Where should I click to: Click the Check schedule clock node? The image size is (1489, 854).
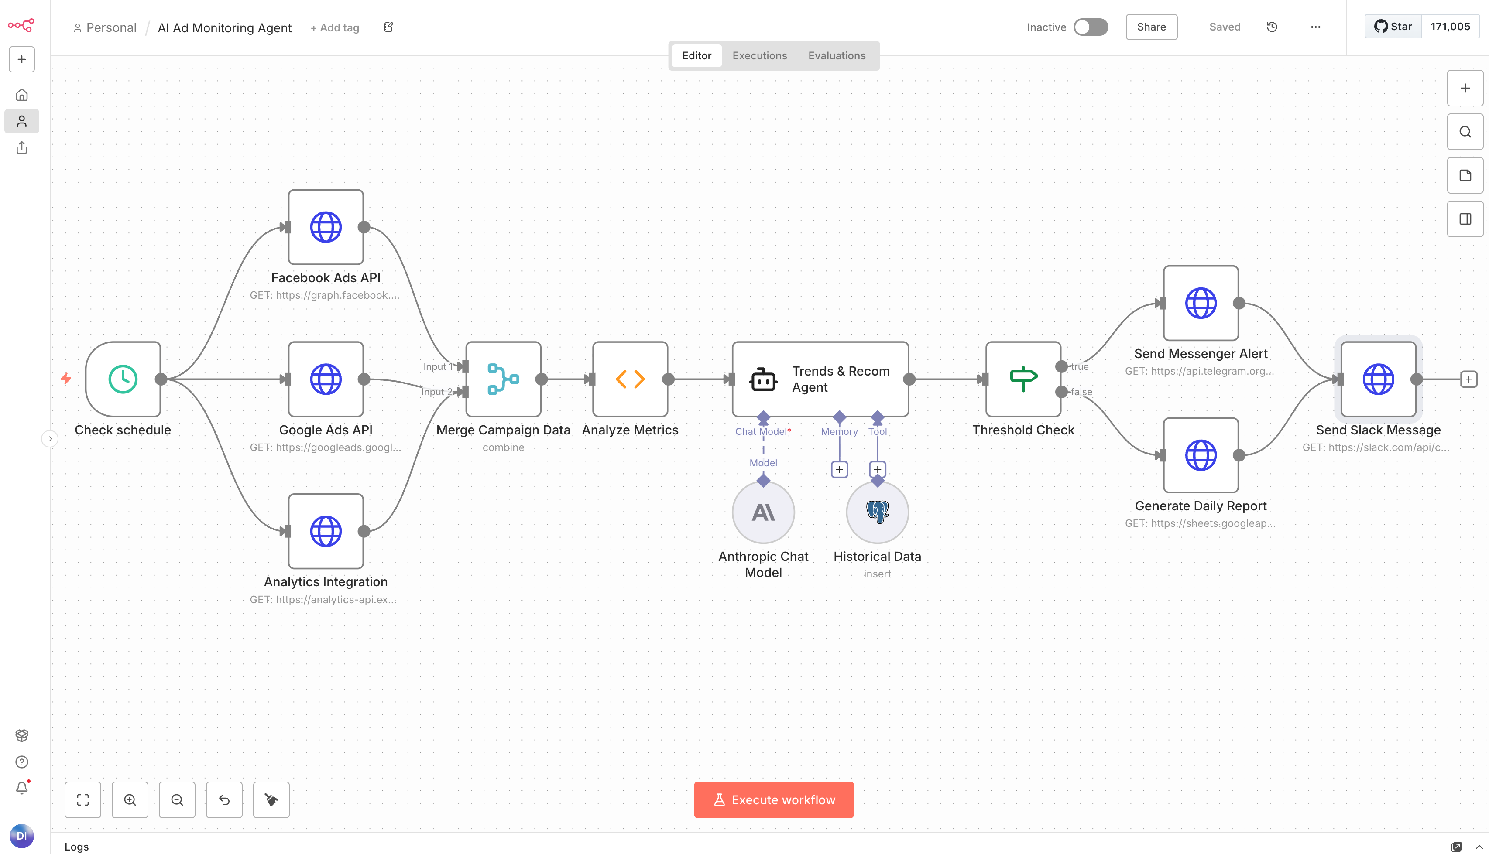tap(123, 379)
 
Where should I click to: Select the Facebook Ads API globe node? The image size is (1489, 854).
tap(326, 227)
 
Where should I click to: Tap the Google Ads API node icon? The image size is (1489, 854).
tap(326, 379)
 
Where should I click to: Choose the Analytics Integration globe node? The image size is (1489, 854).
tap(326, 531)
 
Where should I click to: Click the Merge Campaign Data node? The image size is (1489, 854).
tap(503, 379)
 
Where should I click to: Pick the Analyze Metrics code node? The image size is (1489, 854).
tap(630, 379)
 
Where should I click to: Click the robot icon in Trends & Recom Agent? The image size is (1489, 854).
tap(763, 379)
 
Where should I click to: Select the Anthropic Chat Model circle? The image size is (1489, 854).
tap(763, 512)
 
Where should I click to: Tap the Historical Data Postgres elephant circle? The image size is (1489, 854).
tap(877, 512)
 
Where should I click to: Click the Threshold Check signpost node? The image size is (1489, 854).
tap(1023, 379)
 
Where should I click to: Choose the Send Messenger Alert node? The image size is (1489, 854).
tap(1201, 303)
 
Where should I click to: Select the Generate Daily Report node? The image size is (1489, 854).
tap(1201, 455)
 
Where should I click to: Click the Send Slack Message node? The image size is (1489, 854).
tap(1378, 379)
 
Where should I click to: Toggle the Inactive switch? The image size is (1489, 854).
tap(1091, 27)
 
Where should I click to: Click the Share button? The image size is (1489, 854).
tap(1151, 27)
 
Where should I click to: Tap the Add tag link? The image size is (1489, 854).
tap(335, 27)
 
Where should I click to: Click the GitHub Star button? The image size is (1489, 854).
tap(1393, 27)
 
